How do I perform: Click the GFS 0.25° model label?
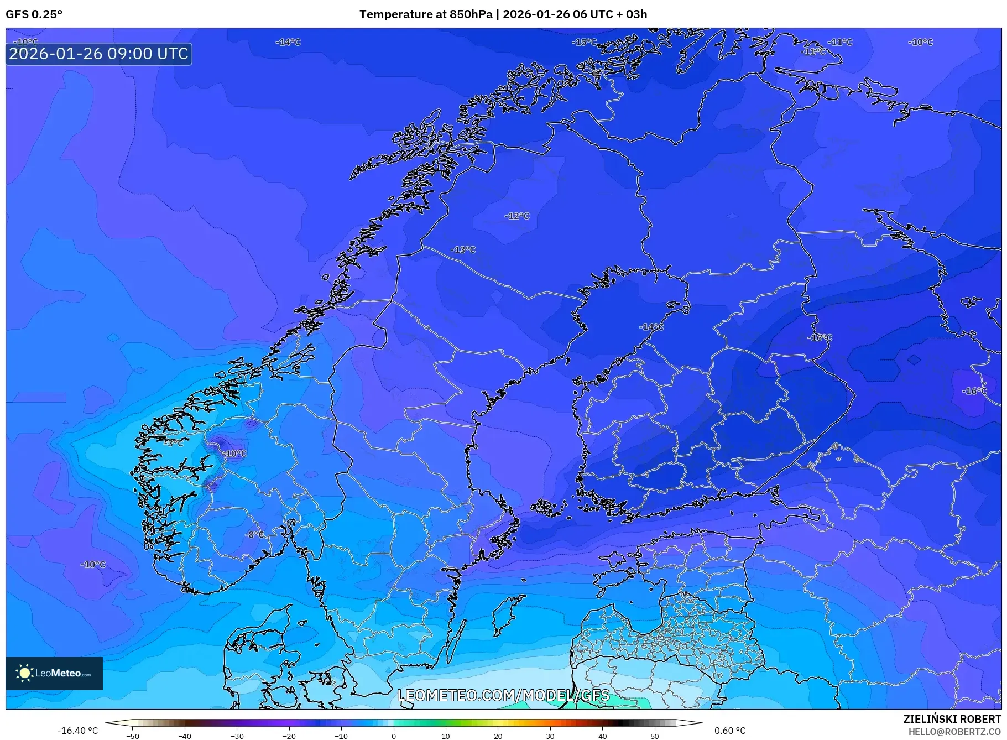click(x=34, y=14)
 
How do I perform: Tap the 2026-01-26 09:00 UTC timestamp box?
click(x=99, y=54)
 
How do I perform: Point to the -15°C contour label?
click(x=584, y=42)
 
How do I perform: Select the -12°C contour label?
click(x=517, y=216)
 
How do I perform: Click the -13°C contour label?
click(x=463, y=250)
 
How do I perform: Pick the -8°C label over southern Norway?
click(x=255, y=535)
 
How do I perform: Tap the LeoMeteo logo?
click(x=54, y=673)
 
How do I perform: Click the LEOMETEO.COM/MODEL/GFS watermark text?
click(x=503, y=695)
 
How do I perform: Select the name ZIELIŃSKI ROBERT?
click(x=952, y=719)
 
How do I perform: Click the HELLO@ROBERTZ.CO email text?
click(x=954, y=732)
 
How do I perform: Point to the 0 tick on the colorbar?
click(x=394, y=736)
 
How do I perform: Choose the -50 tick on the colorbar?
click(x=133, y=736)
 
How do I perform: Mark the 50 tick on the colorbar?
click(x=655, y=736)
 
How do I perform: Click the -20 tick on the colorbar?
click(x=289, y=736)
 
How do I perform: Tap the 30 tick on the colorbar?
click(x=550, y=736)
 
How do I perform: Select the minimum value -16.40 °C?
click(x=77, y=731)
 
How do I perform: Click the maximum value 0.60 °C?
click(x=730, y=731)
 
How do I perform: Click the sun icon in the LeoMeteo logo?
click(x=24, y=673)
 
